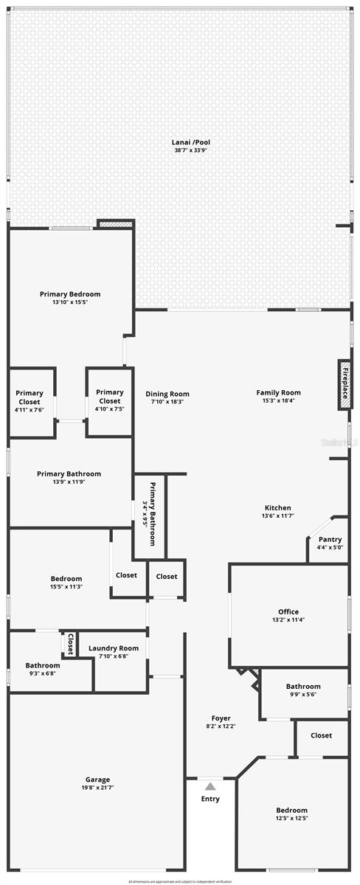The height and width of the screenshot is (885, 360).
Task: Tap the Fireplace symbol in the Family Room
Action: coord(344,383)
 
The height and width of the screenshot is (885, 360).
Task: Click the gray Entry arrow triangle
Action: coord(210,787)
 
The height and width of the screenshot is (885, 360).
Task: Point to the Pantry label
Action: coord(330,539)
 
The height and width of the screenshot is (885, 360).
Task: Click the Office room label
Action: coord(288,611)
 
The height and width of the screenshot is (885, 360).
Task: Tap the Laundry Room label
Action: coord(114,648)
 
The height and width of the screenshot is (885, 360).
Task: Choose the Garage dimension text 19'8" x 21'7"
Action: coord(97,788)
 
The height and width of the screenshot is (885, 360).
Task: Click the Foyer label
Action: coord(221,718)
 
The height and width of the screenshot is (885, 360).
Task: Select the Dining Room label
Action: coord(167,394)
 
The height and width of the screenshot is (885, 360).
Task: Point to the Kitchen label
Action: coord(277,507)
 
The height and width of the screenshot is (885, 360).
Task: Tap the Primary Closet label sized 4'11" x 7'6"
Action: coord(30,393)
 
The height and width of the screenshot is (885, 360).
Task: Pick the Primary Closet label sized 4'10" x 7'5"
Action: coord(109,392)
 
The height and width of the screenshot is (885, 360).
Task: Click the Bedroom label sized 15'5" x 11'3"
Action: coord(66,578)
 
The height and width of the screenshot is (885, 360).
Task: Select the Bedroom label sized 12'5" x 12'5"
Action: coord(292,810)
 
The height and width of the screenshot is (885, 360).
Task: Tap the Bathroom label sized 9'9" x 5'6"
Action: coord(303,686)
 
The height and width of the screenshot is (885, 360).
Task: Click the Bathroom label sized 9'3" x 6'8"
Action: coord(43,664)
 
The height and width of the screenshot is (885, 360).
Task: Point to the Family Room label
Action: coord(278,392)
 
